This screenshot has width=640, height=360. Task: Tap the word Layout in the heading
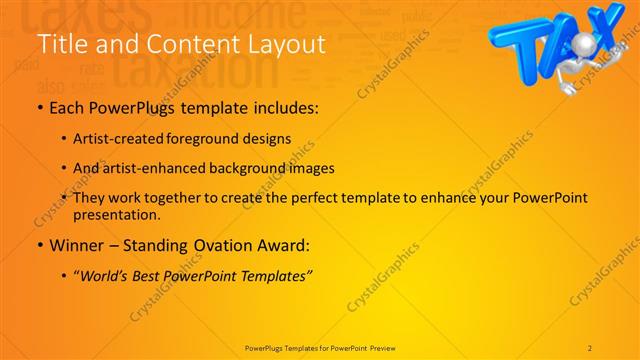point(281,44)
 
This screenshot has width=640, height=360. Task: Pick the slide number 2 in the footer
point(590,348)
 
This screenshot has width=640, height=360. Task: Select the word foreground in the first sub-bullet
point(210,139)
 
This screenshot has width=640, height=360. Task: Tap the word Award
point(284,244)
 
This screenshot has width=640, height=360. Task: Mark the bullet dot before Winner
point(39,244)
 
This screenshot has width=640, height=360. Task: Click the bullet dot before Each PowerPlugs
point(39,108)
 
